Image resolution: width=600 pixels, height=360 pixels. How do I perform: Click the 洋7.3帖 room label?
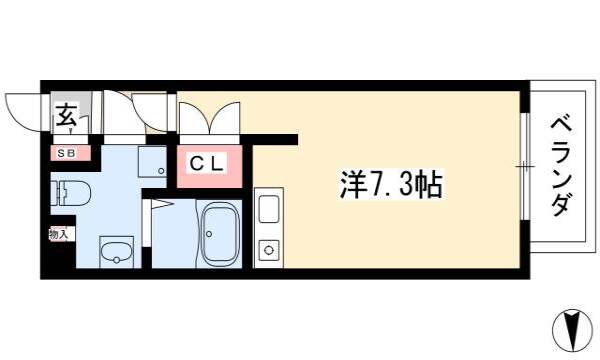pos(391,185)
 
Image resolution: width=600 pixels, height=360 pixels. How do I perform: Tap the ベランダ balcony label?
pos(562,167)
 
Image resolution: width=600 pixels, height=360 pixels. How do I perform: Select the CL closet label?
pos(206,165)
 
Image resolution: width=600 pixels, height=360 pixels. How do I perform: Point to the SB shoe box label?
pos(66,153)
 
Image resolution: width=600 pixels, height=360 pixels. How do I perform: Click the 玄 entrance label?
pos(67,115)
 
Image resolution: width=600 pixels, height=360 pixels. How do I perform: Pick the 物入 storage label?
pos(58,233)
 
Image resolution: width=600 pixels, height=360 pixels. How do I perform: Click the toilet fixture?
pos(70,192)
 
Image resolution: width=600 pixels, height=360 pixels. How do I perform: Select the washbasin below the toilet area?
pos(116,252)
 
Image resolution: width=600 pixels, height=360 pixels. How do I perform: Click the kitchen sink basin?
pos(269,209)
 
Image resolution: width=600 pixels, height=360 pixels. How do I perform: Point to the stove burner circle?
pos(269,250)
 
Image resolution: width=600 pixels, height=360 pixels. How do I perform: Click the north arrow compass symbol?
pos(572,330)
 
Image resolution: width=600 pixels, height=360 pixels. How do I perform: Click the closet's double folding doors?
pos(210,118)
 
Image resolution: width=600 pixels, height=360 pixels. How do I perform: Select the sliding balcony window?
pos(526,166)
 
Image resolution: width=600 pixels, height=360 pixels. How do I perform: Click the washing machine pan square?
pos(152,162)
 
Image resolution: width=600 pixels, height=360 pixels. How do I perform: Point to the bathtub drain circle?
pos(209,233)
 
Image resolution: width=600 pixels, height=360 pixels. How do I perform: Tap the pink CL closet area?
pos(209,166)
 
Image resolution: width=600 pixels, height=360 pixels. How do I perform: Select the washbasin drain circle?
pos(116,260)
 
